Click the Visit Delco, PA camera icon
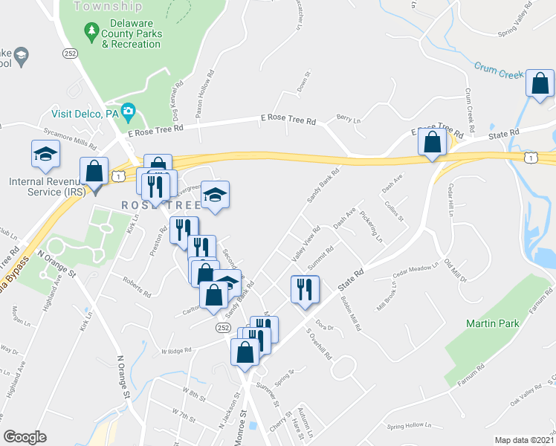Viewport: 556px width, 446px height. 129,112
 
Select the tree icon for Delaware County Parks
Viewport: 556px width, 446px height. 91,30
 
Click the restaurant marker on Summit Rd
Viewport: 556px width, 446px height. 304,288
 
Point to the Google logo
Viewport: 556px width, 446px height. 25,437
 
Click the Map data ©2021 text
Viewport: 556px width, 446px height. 524,440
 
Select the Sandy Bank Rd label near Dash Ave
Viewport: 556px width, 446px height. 323,188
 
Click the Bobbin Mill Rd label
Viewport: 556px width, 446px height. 349,304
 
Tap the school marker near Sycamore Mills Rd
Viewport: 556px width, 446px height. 45,154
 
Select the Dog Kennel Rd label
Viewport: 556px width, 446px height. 178,103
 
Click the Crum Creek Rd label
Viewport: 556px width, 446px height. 470,107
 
